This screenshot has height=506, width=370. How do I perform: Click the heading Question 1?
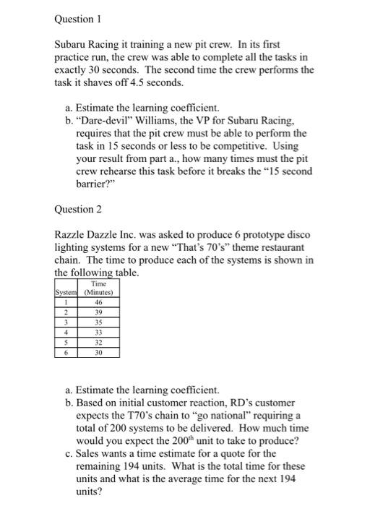[x=79, y=20]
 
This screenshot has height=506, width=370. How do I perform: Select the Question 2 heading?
[x=79, y=210]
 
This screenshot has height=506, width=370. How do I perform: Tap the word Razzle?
[x=72, y=235]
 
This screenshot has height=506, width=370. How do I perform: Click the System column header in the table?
[x=66, y=293]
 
